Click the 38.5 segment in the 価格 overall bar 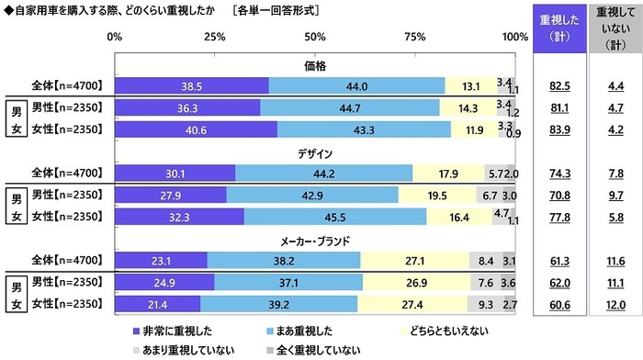[191, 86]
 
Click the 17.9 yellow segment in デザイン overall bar [447, 172]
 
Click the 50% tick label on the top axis [314, 38]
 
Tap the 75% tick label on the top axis [414, 38]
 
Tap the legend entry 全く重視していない [311, 350]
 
